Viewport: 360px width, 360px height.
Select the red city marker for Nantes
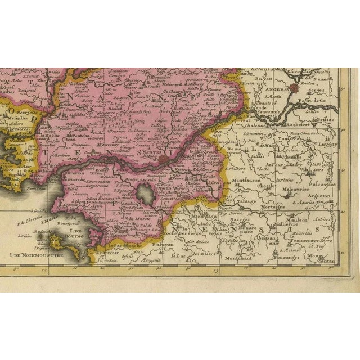click(163, 160)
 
